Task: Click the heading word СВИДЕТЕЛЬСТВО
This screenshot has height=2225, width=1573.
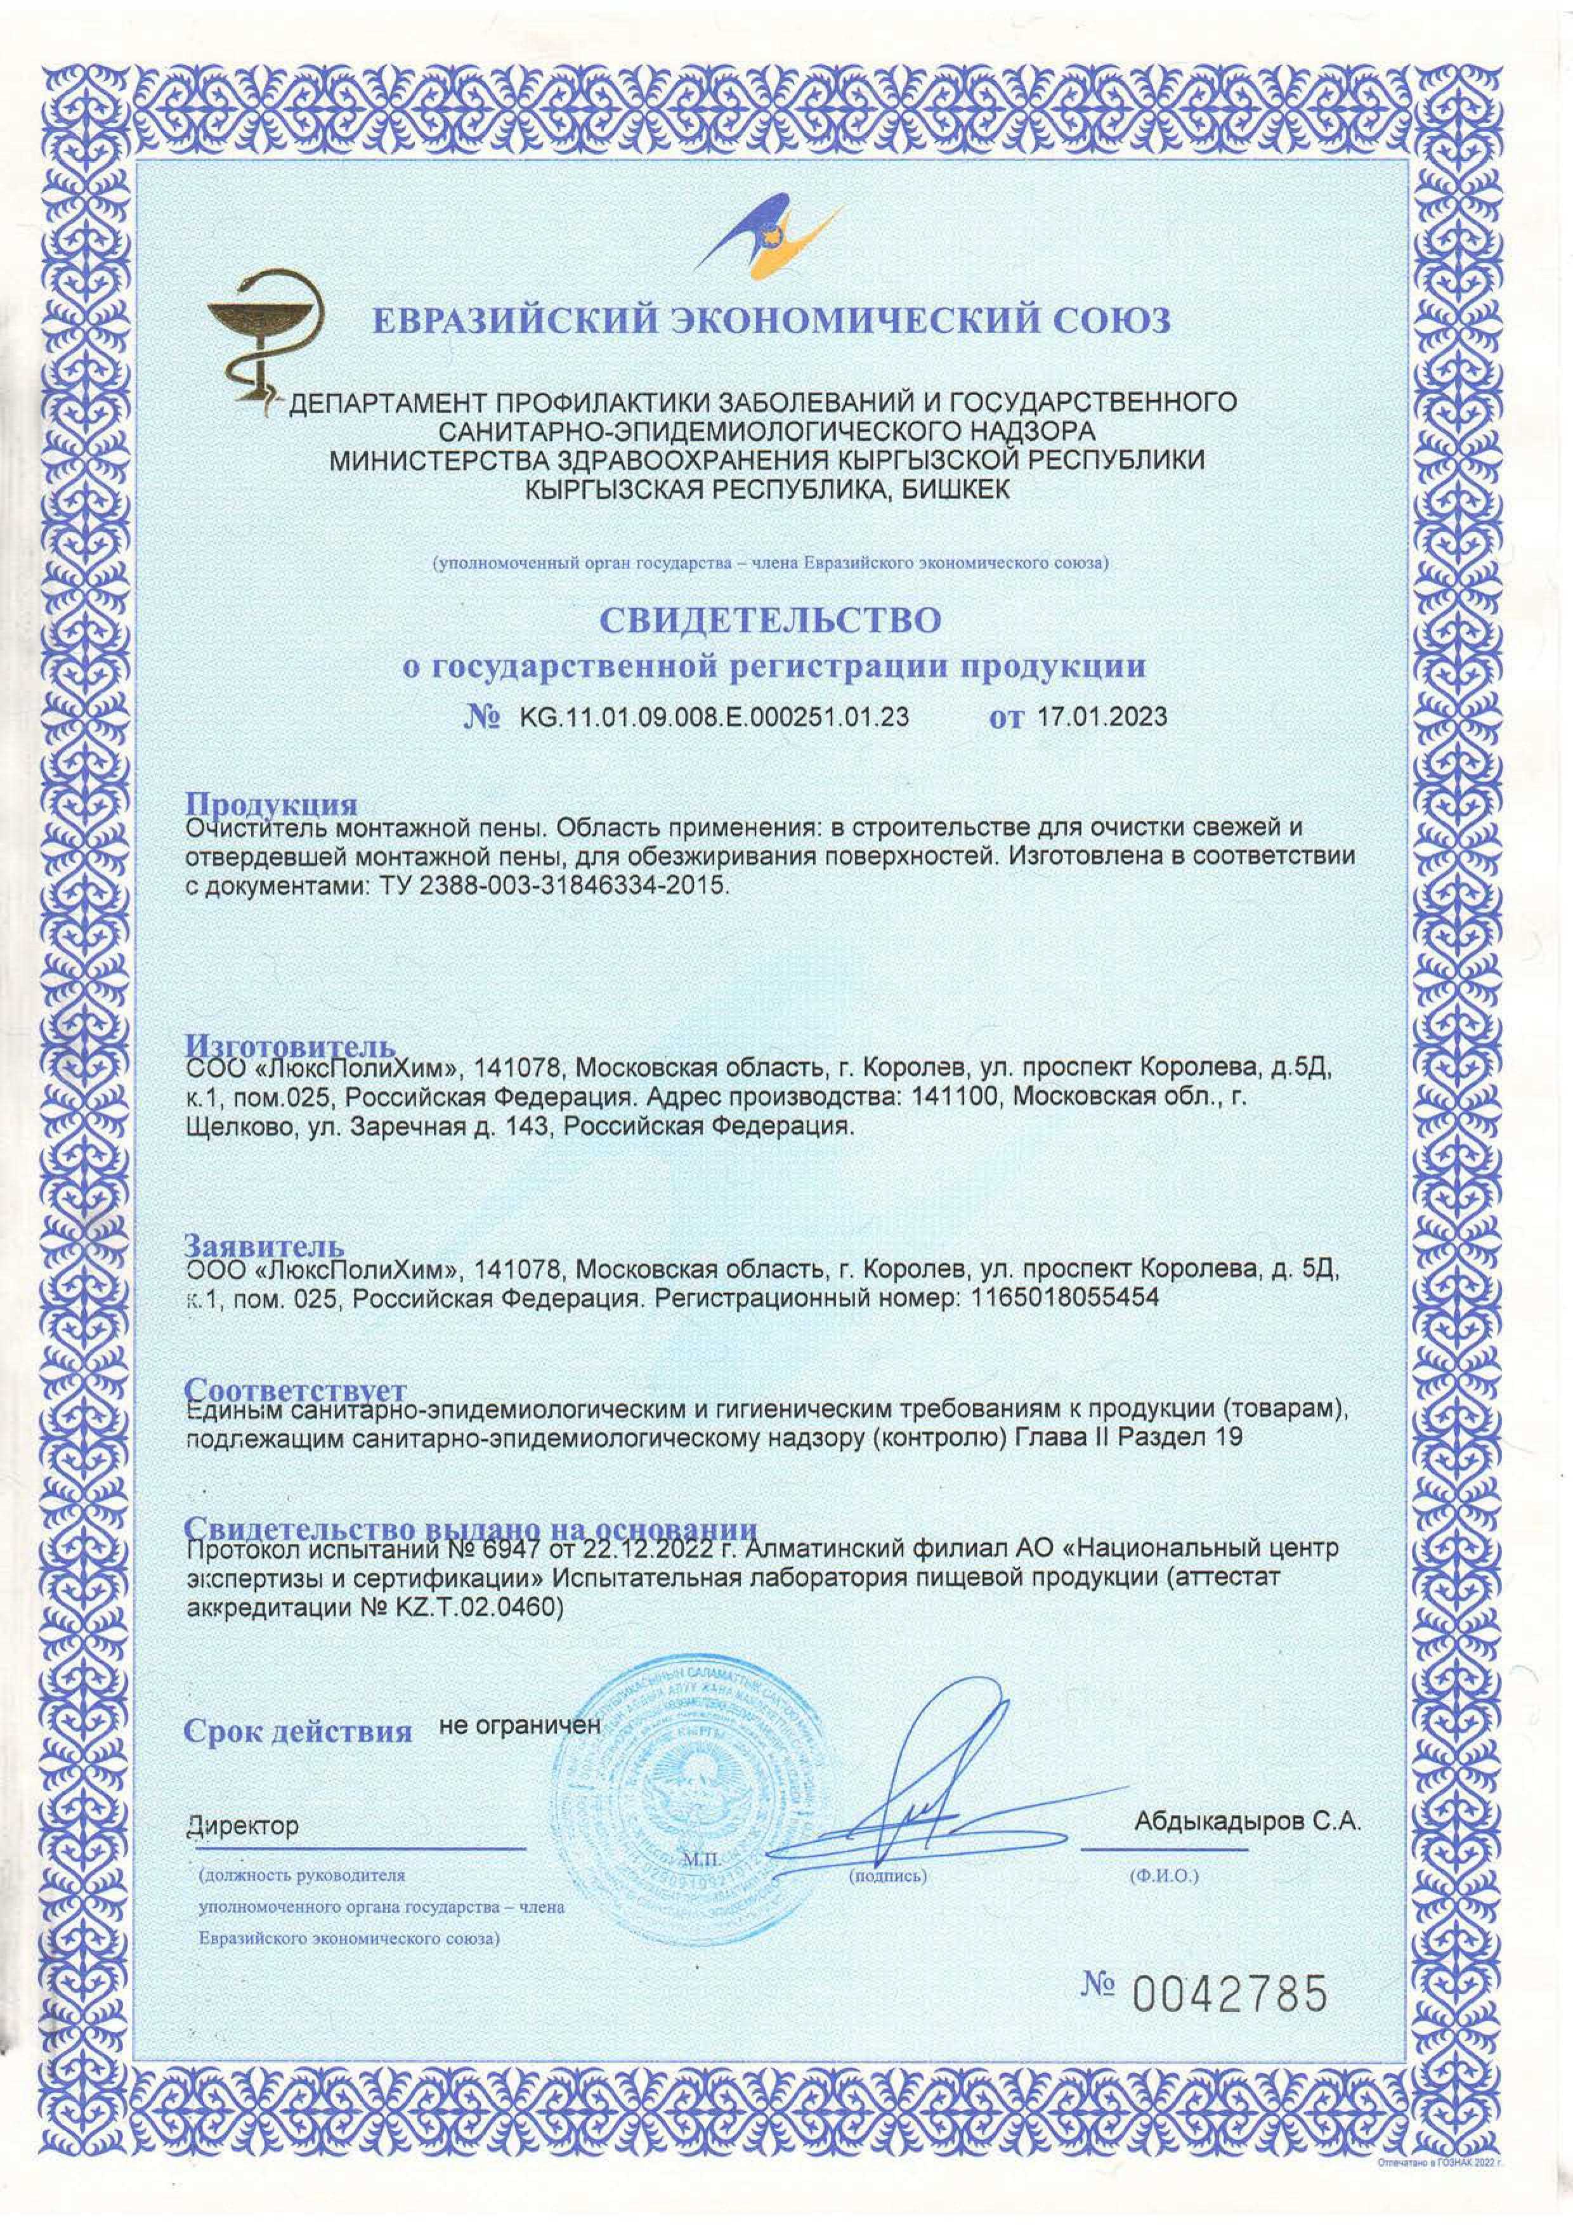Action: coord(771,621)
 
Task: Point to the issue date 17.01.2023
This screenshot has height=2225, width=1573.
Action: coord(1101,717)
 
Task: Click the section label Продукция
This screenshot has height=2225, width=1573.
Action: coord(272,806)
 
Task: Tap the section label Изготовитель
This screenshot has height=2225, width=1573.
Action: coord(290,1047)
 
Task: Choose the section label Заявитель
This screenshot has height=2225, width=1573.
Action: coord(264,1246)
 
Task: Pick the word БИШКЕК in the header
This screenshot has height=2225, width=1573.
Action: coord(955,490)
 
